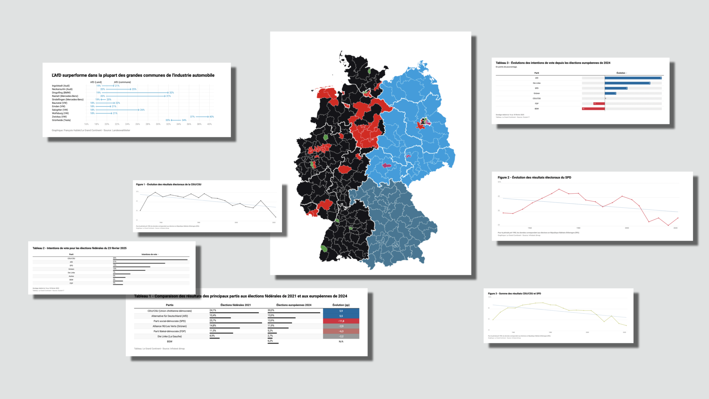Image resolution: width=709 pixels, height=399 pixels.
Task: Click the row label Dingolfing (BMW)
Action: [61, 93]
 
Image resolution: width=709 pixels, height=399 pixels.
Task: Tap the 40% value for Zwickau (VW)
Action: [212, 117]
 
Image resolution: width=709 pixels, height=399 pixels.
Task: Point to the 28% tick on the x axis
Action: [148, 124]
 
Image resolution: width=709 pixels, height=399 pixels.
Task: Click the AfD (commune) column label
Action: [122, 82]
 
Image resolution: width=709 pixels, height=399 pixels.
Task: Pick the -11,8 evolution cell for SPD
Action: [341, 321]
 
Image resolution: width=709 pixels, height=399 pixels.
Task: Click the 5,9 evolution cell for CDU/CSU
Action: [341, 311]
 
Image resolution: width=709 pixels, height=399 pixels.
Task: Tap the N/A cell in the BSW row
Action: [341, 341]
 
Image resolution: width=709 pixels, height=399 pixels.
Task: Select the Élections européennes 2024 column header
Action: [294, 305]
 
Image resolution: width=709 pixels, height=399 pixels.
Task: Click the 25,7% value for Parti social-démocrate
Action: [213, 320]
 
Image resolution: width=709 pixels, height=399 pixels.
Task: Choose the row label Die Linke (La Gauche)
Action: [169, 336]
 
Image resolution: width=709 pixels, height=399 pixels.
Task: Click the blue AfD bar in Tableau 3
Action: [633, 78]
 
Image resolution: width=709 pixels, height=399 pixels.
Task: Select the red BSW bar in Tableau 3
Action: [593, 109]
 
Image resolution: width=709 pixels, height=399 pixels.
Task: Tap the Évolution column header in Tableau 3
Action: [621, 73]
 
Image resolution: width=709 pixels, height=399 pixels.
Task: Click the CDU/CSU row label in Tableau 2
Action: [71, 258]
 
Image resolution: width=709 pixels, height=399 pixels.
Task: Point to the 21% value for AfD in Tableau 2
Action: [114, 262]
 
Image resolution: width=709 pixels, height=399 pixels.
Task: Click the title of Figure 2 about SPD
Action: [534, 177]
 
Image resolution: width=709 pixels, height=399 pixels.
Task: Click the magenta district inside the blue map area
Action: [386, 165]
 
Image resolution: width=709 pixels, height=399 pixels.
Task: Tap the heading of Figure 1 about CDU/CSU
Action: [168, 184]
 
